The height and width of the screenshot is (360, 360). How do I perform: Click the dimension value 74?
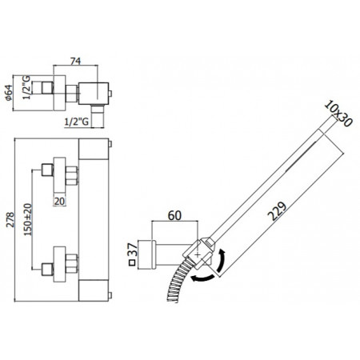point(75,61)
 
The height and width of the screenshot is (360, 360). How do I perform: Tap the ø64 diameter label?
point(9,93)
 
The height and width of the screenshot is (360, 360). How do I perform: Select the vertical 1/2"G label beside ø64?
point(26,87)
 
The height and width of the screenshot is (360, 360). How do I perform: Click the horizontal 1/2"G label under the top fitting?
point(77,122)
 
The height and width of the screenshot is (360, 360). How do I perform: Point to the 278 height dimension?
point(10,219)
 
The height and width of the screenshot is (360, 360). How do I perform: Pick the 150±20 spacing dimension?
point(28,219)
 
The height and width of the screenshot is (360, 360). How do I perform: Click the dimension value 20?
point(59,201)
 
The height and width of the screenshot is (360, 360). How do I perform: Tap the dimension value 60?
point(174,215)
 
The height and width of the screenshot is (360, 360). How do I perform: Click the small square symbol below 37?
point(132,263)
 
